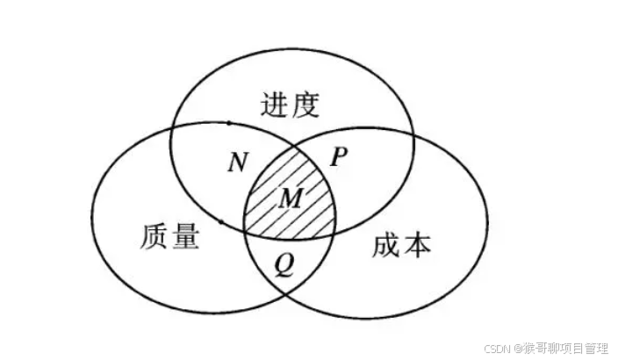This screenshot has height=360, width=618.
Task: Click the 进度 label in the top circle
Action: click(289, 105)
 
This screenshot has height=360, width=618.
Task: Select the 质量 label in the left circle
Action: click(169, 238)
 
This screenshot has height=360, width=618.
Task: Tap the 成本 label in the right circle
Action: click(402, 245)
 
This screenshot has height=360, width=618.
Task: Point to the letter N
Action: click(237, 162)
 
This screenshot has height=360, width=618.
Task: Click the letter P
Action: click(340, 157)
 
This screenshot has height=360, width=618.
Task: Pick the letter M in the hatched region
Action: click(290, 198)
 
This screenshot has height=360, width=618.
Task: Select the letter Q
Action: click(284, 263)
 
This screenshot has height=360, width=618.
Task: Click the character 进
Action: click(275, 105)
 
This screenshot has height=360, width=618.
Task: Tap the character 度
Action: click(303, 105)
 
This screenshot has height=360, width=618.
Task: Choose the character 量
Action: click(184, 238)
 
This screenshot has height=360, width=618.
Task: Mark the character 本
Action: click(417, 245)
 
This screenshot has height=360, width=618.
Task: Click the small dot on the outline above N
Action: click(228, 123)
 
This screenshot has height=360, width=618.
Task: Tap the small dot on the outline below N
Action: click(219, 222)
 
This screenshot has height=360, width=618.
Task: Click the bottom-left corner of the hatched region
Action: click(245, 232)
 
